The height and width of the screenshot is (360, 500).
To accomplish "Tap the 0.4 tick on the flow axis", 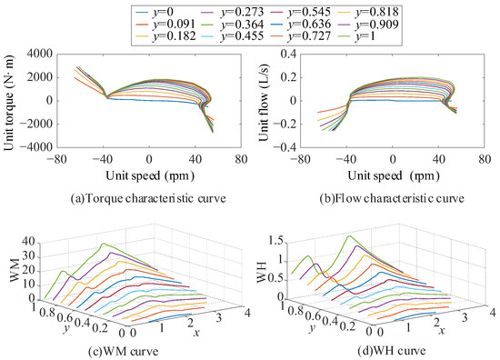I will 282,55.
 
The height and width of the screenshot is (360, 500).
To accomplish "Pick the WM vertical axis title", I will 12,269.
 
